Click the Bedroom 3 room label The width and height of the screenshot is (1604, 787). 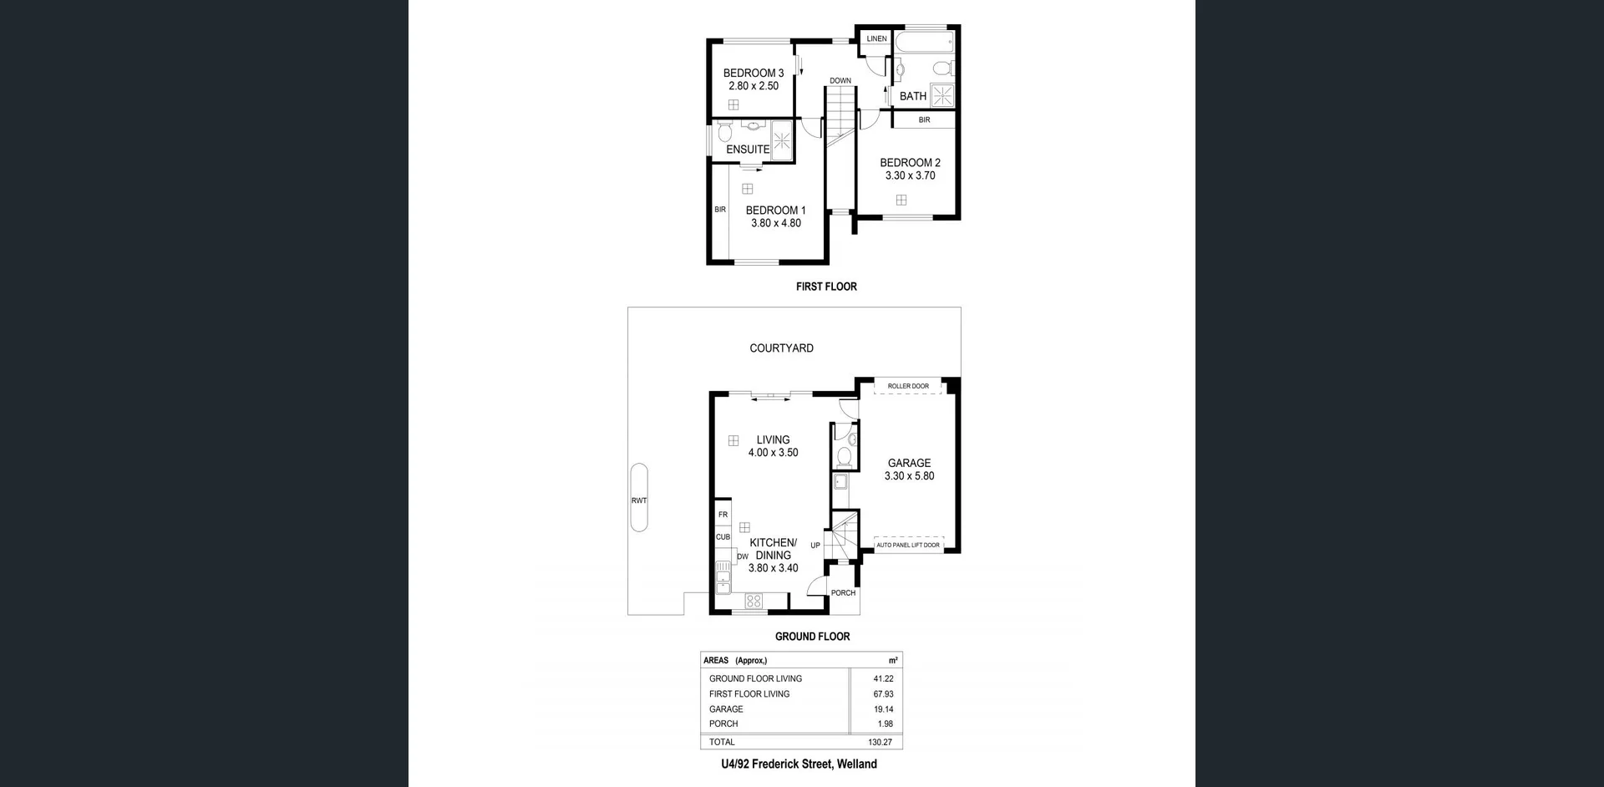753,74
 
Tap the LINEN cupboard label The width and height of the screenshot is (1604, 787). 876,38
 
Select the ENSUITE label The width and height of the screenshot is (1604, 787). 748,150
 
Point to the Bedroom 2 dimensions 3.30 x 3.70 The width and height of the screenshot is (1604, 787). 910,176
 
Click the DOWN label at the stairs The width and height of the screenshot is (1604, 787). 840,81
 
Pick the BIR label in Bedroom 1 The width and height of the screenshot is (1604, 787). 720,210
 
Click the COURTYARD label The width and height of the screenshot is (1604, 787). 781,348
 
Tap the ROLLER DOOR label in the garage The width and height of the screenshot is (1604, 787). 908,386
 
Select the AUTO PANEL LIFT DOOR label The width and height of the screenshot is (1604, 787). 908,546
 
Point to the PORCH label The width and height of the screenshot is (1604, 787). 843,593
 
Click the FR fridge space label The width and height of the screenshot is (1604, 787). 723,515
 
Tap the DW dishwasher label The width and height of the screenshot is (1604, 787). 742,556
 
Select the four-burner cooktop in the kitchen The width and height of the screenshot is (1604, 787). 754,601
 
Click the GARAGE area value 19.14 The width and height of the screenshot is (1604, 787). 883,709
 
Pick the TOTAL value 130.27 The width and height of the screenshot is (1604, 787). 880,742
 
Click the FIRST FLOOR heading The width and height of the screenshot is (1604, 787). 826,287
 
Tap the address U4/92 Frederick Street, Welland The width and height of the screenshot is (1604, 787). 799,764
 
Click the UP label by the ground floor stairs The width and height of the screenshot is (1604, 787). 815,546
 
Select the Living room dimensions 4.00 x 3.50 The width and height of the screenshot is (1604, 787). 773,453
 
